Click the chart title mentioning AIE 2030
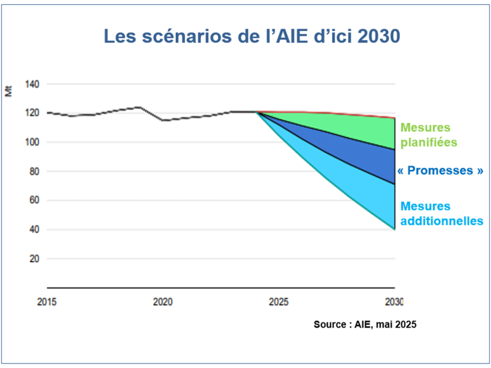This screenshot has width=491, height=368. click(x=252, y=36)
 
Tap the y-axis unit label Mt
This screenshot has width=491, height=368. click(x=9, y=91)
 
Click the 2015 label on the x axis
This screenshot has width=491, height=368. click(x=47, y=302)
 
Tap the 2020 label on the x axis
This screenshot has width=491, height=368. click(x=163, y=302)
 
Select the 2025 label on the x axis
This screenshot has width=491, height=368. click(x=279, y=302)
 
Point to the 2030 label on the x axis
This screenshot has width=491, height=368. click(x=394, y=302)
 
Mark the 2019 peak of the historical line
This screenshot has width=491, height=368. click(x=140, y=107)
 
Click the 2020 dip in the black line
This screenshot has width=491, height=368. click(x=163, y=120)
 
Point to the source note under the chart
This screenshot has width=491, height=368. click(x=365, y=324)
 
